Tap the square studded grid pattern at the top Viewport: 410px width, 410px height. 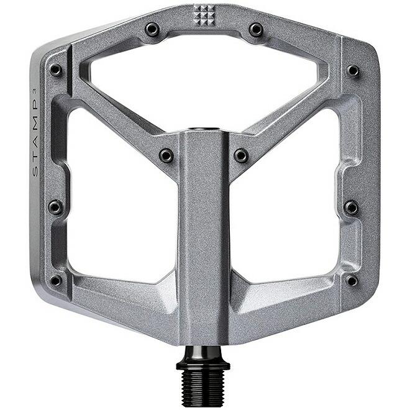(x=203, y=14)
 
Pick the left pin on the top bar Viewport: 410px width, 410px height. (x=152, y=29)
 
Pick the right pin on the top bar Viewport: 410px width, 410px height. (x=256, y=29)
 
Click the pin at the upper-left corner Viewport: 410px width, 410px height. (x=56, y=70)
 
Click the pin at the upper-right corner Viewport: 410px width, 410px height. (x=353, y=71)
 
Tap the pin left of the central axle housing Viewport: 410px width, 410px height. (x=166, y=155)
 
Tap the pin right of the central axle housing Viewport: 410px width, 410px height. (x=241, y=155)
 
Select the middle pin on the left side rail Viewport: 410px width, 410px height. (x=55, y=207)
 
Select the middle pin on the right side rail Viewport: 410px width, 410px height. (x=352, y=207)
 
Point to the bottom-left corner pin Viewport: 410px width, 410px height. (x=56, y=280)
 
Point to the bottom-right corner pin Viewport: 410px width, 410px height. (x=352, y=280)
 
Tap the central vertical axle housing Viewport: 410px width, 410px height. (x=203, y=236)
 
